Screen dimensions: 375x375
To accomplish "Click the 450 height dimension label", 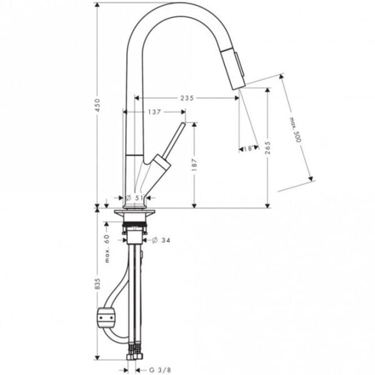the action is click(x=97, y=105).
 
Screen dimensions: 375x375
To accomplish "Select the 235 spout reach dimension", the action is click(x=187, y=98).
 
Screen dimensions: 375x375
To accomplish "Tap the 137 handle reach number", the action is click(x=154, y=112).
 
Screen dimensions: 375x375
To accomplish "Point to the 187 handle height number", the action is click(x=194, y=165).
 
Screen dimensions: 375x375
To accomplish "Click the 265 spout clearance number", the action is click(x=267, y=147).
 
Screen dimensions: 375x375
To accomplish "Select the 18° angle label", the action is click(x=249, y=149).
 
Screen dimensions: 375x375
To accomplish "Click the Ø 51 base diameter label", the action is click(x=134, y=197).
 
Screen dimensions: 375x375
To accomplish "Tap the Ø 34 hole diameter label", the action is click(x=161, y=240).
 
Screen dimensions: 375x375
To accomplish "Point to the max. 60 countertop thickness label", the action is click(x=107, y=249).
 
